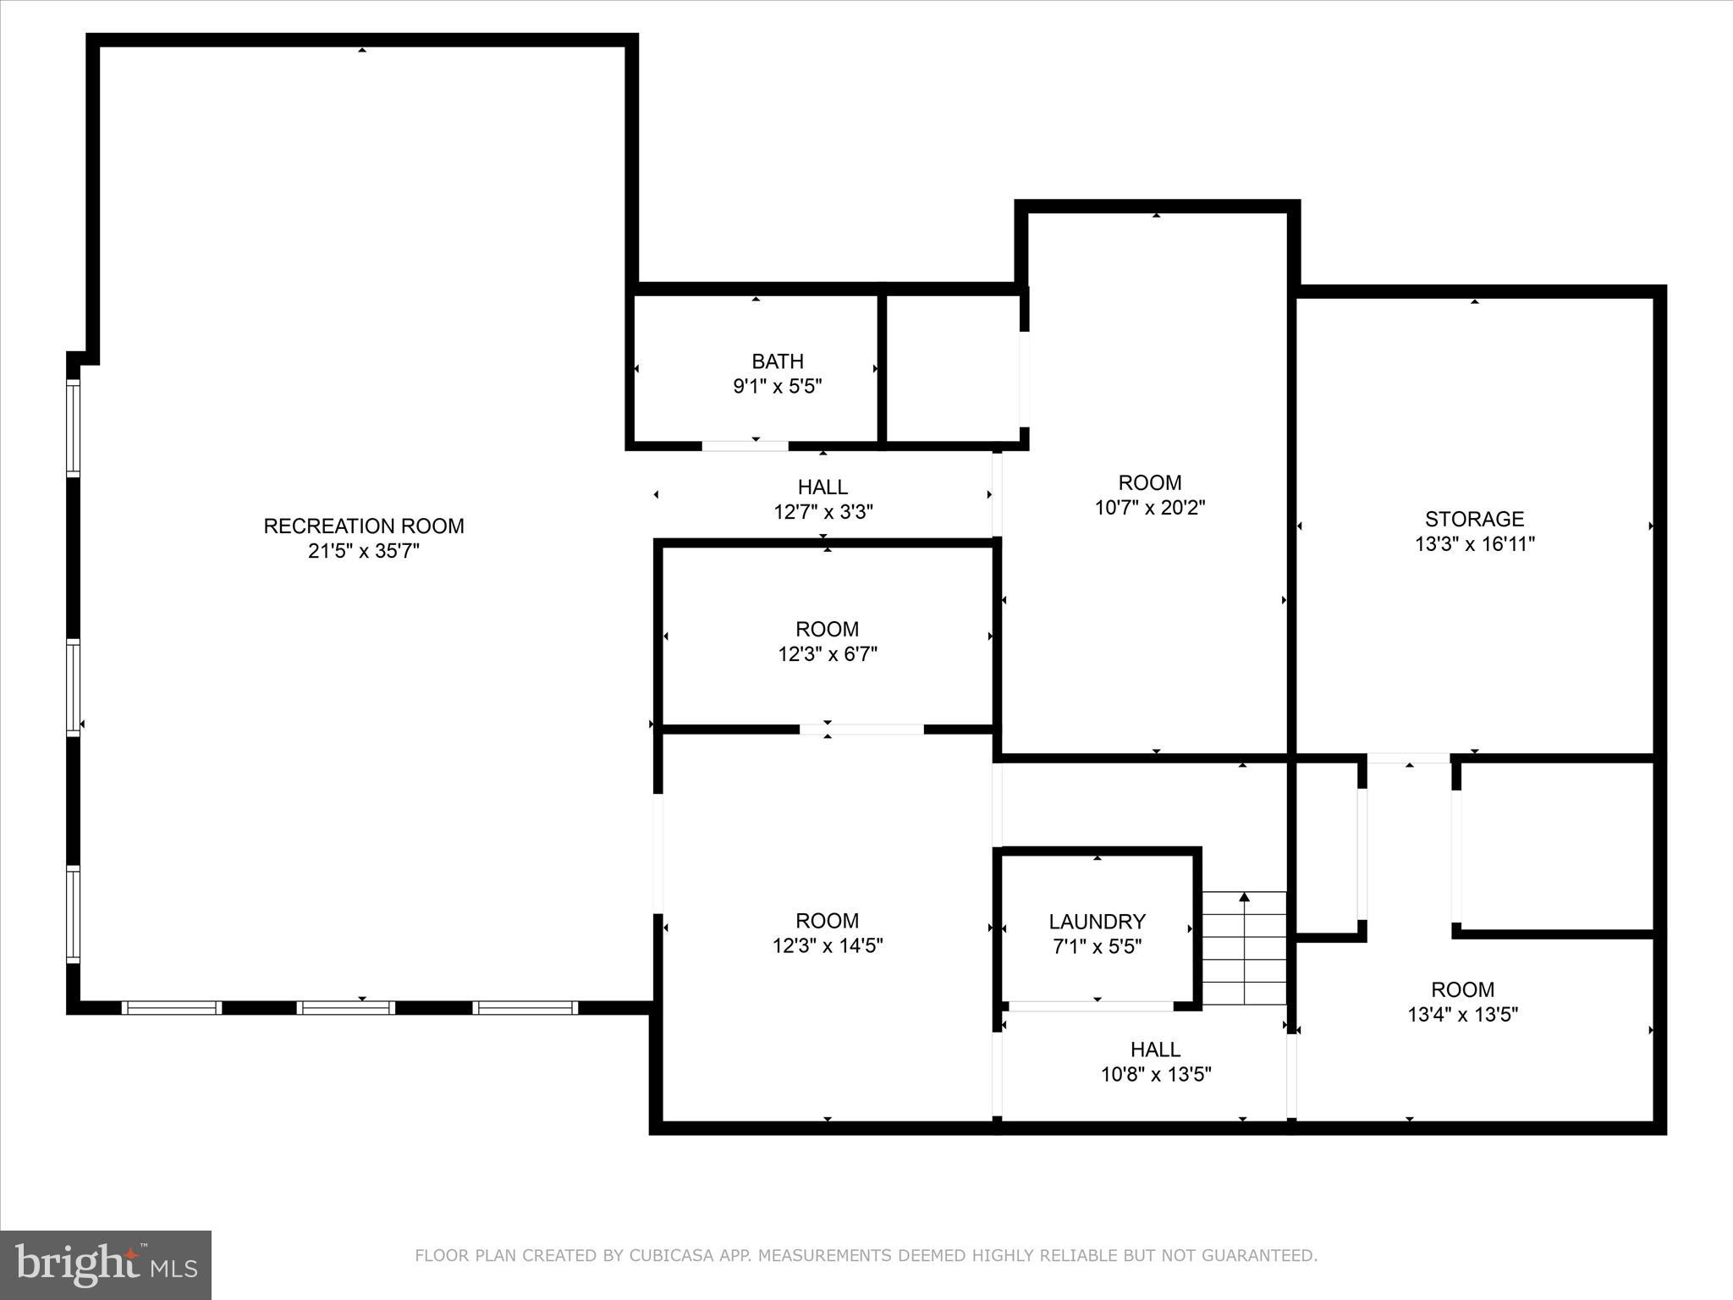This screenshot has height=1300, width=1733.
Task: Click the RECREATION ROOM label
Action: coord(364,526)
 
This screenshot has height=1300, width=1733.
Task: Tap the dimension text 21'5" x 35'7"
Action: coord(364,551)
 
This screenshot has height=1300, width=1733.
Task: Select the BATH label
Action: coord(777,361)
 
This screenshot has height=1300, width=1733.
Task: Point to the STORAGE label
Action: coord(1474,519)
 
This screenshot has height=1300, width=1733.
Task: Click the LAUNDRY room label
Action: coord(1097,922)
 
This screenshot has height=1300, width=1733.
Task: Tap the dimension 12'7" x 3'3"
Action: coord(822,512)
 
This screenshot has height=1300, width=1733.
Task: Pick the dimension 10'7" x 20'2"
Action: coord(1149,508)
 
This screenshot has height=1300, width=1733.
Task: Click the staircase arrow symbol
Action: coord(1244,898)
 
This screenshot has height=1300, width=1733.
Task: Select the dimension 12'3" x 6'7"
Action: coord(827,654)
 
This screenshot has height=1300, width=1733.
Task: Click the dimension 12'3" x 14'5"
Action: coord(827,945)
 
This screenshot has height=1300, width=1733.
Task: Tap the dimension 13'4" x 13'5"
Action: coord(1462,1014)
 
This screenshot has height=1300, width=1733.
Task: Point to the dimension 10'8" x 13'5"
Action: coord(1155,1074)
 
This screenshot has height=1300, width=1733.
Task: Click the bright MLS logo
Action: coord(106,1264)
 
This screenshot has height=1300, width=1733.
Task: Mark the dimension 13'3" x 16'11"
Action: coord(1474,544)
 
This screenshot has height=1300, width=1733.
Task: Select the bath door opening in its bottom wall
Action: coord(745,445)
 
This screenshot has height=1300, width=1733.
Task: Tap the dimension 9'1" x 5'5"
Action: coord(777,387)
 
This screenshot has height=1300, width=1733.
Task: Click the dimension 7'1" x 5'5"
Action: coord(1097,946)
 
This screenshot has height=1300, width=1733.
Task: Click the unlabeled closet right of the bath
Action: coord(952,368)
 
